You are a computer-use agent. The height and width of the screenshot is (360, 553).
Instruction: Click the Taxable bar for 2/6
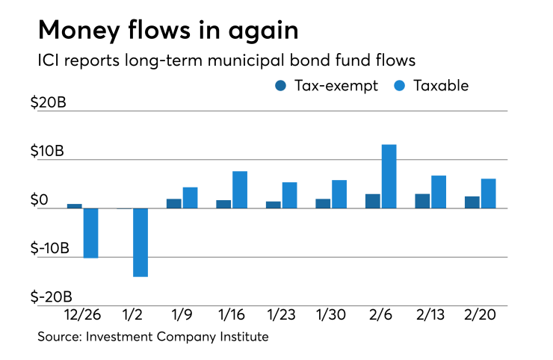pos(389,176)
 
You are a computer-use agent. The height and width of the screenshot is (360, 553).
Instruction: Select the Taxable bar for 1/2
pos(140,242)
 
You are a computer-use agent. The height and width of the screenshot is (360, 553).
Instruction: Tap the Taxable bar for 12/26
pos(90,233)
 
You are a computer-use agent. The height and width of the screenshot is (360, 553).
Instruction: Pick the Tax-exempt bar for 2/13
pos(422,201)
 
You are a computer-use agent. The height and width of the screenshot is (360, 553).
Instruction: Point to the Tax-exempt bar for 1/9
pos(173,203)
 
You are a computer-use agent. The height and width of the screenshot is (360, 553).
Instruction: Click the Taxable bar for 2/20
pos(488,193)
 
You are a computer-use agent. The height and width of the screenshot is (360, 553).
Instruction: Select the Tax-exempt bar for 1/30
pos(323,203)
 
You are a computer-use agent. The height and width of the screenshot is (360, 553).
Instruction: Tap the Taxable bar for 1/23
pos(289,195)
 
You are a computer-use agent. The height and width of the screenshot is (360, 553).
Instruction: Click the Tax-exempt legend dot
pos(281,85)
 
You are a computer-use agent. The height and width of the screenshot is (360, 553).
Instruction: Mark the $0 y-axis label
pos(49,199)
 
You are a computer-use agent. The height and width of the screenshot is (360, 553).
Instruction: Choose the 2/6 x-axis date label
pos(380,316)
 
